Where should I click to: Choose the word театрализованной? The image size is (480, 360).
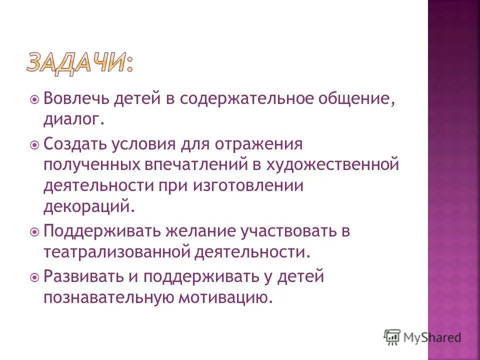click(x=117, y=252)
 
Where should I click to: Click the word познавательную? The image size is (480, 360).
click(x=108, y=297)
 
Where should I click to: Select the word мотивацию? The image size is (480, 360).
click(x=226, y=297)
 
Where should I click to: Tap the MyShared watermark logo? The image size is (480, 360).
click(x=422, y=337)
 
